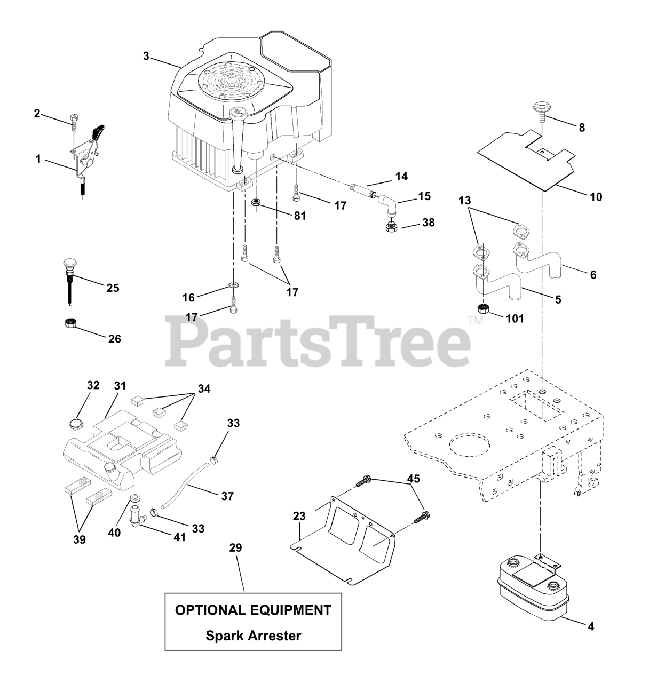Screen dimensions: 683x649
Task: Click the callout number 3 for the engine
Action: (146, 55)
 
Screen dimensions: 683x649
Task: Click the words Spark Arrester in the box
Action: (253, 636)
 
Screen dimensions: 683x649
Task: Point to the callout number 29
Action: (235, 548)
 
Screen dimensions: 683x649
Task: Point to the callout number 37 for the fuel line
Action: (227, 496)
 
